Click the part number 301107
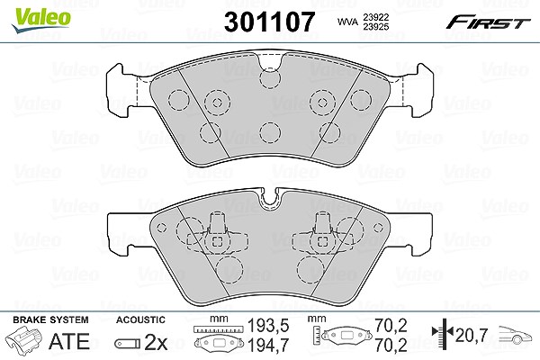[x=269, y=22]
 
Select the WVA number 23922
[x=375, y=17]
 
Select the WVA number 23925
[x=375, y=26]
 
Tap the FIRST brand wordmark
[x=488, y=22]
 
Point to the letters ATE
[x=69, y=341]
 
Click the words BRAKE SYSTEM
[x=50, y=319]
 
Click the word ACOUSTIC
[x=140, y=319]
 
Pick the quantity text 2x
[x=156, y=342]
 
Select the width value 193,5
[x=268, y=325]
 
